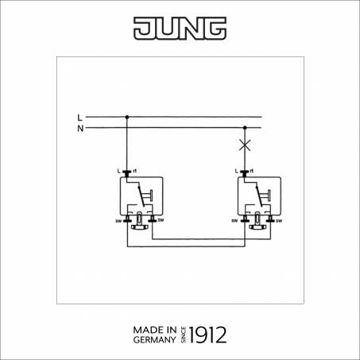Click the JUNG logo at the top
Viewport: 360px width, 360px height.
pos(180,29)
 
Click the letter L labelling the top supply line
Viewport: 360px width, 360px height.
pos(79,118)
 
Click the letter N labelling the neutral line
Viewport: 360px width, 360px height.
pos(80,129)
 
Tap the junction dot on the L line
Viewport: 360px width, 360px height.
pos(127,117)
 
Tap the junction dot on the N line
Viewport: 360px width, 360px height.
pos(245,128)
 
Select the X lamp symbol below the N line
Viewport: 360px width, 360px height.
pos(245,145)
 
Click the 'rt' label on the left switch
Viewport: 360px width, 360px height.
pos(135,171)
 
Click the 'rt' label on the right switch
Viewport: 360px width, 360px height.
pos(251,171)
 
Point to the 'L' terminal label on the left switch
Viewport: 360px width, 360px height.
pos(119,171)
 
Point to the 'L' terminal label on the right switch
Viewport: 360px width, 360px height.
pos(237,171)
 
